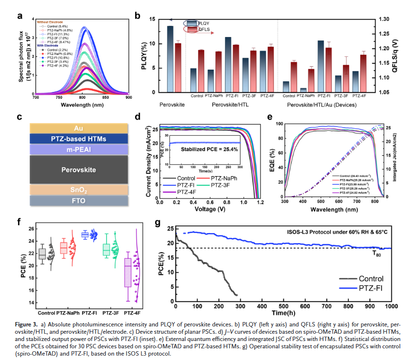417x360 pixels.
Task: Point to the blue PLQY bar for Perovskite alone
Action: click(170, 59)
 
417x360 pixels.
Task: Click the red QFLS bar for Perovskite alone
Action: click(178, 68)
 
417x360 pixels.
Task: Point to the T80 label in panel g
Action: click(377, 253)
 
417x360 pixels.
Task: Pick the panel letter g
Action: click(157, 223)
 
